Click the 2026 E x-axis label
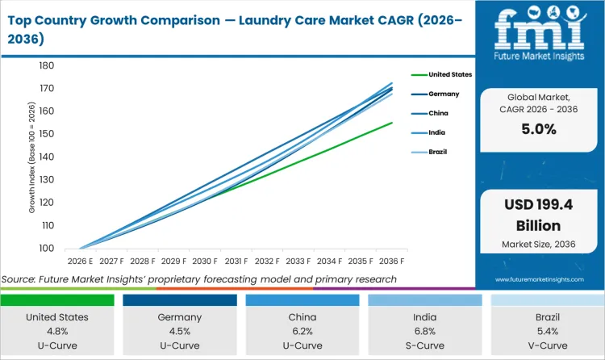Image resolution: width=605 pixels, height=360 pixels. click(79, 262)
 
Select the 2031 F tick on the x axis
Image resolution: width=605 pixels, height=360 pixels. click(236, 262)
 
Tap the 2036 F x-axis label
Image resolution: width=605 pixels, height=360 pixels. click(392, 262)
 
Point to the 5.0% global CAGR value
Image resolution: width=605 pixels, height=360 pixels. click(540, 129)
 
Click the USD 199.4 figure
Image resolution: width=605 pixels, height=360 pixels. click(540, 205)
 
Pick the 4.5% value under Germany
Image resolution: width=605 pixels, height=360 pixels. click(179, 330)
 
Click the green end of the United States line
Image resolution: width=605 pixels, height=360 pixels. click(391, 123)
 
